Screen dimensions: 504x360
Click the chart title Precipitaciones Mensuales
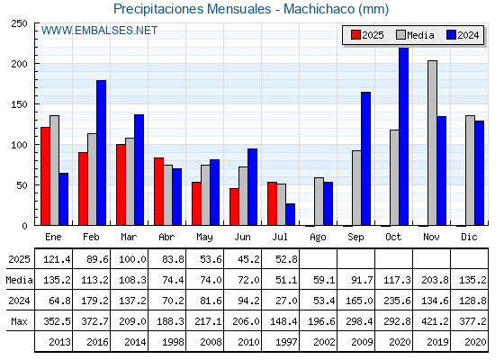pyautogui.click(x=193, y=9)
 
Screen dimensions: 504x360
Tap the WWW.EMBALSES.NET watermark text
pyautogui.click(x=99, y=31)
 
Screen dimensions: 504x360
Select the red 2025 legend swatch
pyautogui.click(x=355, y=35)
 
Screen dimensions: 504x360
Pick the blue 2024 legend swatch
pyautogui.click(x=451, y=35)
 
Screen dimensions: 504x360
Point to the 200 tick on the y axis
pyautogui.click(x=19, y=64)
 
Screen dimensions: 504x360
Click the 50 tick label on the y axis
pyautogui.click(x=22, y=185)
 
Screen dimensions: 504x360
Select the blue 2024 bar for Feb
pyautogui.click(x=101, y=153)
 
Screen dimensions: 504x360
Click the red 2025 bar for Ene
pyautogui.click(x=45, y=176)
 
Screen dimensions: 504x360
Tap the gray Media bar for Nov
pyautogui.click(x=432, y=143)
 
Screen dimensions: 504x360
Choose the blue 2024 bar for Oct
pyautogui.click(x=404, y=136)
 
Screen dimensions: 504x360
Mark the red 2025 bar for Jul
pyautogui.click(x=272, y=203)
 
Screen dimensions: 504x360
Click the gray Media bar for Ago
pyautogui.click(x=319, y=202)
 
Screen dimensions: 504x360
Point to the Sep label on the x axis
pyautogui.click(x=355, y=238)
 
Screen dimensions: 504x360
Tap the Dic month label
pyautogui.click(x=469, y=237)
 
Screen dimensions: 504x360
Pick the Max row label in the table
pyautogui.click(x=19, y=321)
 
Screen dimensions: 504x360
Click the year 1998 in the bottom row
pyautogui.click(x=173, y=342)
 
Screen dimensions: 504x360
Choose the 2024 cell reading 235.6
pyautogui.click(x=397, y=301)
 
